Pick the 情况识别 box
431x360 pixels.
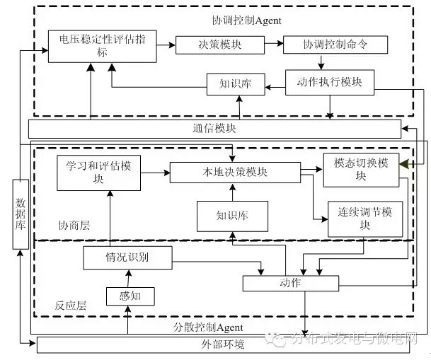[127, 257]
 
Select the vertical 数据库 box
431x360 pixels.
[21, 214]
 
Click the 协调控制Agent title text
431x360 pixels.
[236, 20]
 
